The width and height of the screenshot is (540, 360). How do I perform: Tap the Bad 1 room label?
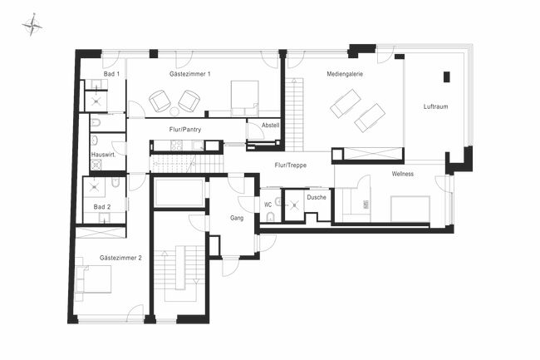[112, 74]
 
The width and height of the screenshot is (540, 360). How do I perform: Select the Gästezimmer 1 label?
[189, 74]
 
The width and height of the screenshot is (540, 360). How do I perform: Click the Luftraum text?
[436, 106]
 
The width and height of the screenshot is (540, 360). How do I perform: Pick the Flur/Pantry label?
[185, 130]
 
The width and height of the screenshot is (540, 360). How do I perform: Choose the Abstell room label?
[271, 125]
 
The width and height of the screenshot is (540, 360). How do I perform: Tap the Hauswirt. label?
[103, 155]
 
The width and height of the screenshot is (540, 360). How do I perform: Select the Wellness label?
[404, 174]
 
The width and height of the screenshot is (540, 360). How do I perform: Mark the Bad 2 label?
[101, 206]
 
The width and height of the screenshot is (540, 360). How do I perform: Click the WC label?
[268, 203]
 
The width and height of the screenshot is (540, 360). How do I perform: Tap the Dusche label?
[316, 198]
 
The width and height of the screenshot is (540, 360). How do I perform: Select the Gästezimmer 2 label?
[120, 258]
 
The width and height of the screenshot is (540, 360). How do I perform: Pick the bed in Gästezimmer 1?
[243, 98]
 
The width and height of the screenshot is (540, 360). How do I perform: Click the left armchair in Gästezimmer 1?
[159, 101]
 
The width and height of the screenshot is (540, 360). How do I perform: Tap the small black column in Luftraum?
[446, 76]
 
